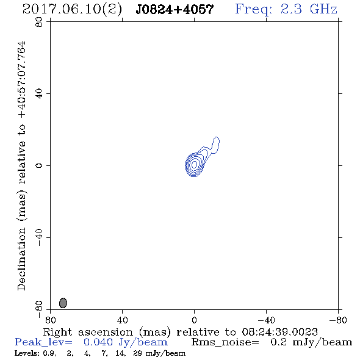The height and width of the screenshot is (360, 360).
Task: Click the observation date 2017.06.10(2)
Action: click(x=72, y=9)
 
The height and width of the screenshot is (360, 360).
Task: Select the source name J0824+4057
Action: click(x=175, y=9)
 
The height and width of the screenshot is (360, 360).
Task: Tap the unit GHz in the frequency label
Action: click(x=323, y=9)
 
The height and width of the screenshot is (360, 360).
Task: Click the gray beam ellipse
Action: click(x=63, y=303)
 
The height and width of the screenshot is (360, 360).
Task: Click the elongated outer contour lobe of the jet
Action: click(x=215, y=145)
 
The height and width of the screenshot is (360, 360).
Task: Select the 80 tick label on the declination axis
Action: click(x=39, y=22)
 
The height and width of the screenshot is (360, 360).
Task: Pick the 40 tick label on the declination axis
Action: click(x=39, y=94)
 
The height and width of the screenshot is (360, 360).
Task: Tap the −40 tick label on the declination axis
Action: click(x=39, y=237)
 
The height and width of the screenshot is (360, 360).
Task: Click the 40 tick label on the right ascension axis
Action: click(x=122, y=320)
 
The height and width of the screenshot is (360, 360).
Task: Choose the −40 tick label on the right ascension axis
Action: click(x=266, y=320)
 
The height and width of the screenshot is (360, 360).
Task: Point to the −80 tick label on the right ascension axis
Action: click(x=338, y=320)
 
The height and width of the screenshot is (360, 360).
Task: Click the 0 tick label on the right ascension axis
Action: click(x=194, y=320)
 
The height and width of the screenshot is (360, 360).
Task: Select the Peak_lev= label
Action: click(x=43, y=342)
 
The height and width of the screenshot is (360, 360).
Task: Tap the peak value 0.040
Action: click(x=98, y=342)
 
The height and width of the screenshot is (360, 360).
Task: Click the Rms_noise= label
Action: click(x=225, y=342)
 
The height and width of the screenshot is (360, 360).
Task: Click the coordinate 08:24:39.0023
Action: click(x=279, y=332)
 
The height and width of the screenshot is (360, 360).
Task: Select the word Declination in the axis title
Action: click(x=22, y=259)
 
